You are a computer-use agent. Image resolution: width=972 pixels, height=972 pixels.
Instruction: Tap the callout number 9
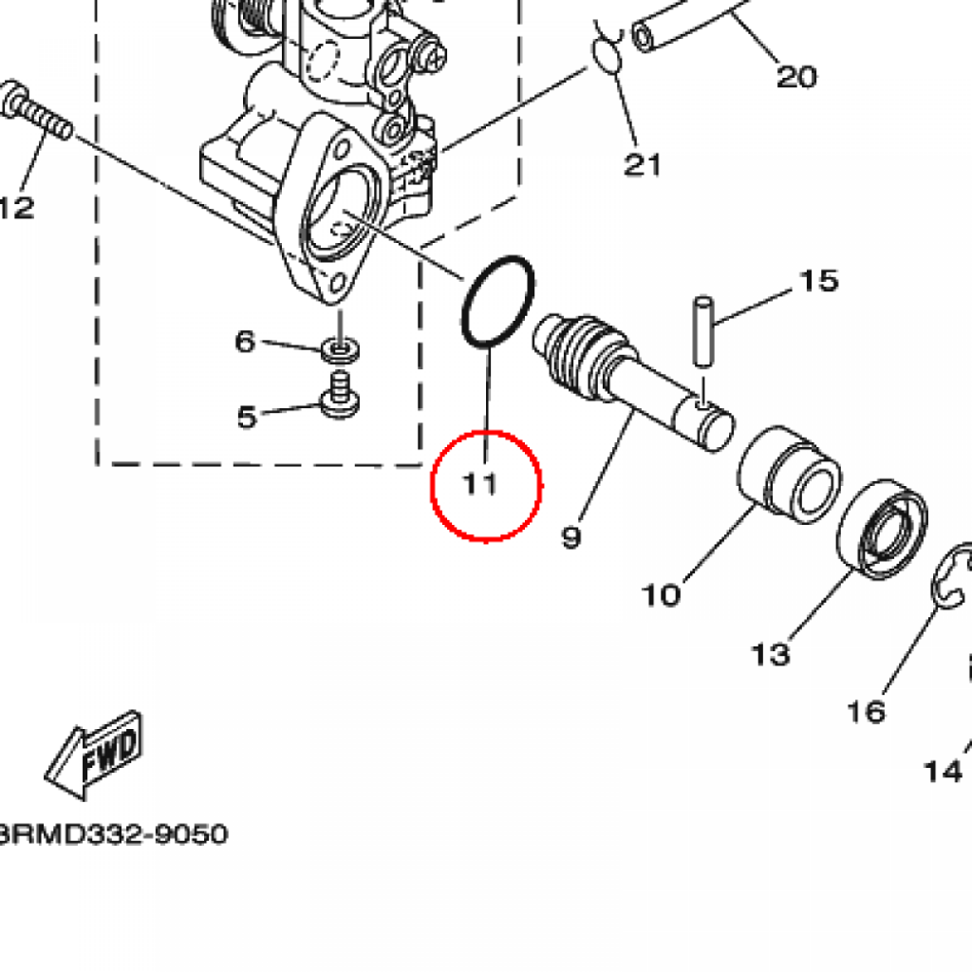(570, 538)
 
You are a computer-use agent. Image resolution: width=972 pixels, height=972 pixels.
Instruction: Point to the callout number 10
(661, 595)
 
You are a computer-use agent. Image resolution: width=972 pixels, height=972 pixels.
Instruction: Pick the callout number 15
(818, 281)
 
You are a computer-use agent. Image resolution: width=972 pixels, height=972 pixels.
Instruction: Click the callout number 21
(642, 165)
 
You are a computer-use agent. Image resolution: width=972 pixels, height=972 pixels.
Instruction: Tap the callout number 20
(796, 76)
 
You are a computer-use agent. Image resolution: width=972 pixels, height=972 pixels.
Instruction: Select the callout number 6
(245, 341)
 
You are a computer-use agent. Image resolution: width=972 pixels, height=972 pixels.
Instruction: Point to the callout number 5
(246, 416)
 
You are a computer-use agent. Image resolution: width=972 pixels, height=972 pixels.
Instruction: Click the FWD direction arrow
(94, 755)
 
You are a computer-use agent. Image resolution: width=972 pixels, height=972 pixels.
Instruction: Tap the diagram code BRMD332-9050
(114, 835)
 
